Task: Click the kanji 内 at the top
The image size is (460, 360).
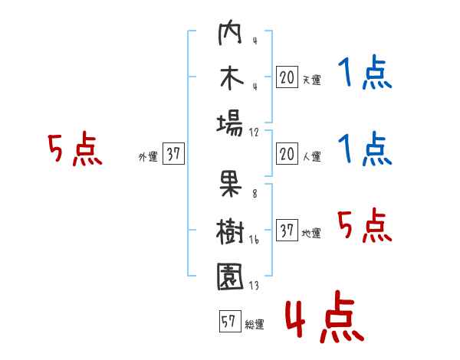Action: (230, 32)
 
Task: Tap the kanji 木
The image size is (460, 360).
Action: (232, 78)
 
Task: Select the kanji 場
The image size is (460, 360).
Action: (230, 123)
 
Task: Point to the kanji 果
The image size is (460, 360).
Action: (231, 184)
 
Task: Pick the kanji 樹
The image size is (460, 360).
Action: (230, 231)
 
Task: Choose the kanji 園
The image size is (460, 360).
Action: (230, 277)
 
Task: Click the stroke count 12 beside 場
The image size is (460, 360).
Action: (254, 133)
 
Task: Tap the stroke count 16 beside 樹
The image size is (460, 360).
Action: (254, 240)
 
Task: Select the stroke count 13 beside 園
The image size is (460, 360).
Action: (254, 285)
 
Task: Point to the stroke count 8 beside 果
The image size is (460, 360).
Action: (255, 194)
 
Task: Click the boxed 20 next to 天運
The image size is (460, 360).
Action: (287, 77)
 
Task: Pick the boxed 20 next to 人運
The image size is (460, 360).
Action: (287, 154)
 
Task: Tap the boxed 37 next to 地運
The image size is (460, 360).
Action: (287, 230)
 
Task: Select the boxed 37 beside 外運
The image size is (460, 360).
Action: (173, 153)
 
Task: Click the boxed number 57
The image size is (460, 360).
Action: (230, 321)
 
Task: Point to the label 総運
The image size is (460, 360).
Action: (255, 325)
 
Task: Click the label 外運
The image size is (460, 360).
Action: (148, 156)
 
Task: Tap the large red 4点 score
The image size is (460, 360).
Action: (324, 316)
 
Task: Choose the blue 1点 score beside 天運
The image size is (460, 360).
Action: (365, 72)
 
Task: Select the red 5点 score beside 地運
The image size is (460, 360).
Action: (364, 225)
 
